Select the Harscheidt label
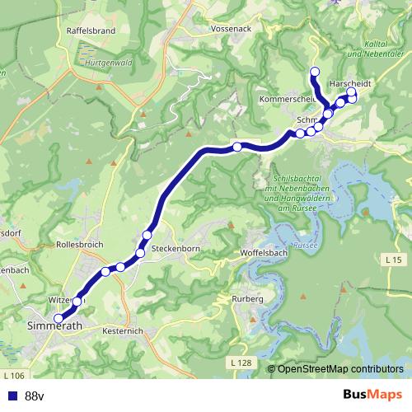point(350,84)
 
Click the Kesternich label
point(124,330)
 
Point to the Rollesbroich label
point(81,245)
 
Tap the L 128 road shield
point(241,363)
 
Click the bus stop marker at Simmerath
point(58,319)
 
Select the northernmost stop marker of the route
point(313,71)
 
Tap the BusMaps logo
point(373,395)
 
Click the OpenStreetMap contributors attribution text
point(341,368)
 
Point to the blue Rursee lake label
point(305,245)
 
